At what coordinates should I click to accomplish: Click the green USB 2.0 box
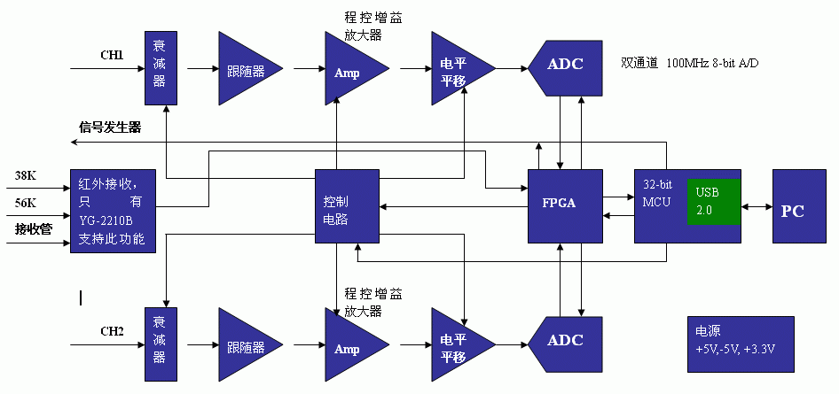tap(714, 204)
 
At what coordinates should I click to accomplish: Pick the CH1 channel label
tap(112, 55)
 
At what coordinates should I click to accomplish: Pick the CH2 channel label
tap(112, 331)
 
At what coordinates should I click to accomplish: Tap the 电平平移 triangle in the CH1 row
tap(456, 69)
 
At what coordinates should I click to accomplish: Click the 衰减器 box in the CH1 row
tap(159, 69)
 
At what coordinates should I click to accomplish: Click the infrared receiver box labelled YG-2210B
tap(113, 211)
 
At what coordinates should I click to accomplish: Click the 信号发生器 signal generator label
tap(110, 127)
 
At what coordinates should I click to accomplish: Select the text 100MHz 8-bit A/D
tap(714, 64)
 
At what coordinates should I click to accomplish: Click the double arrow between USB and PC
tap(757, 207)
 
